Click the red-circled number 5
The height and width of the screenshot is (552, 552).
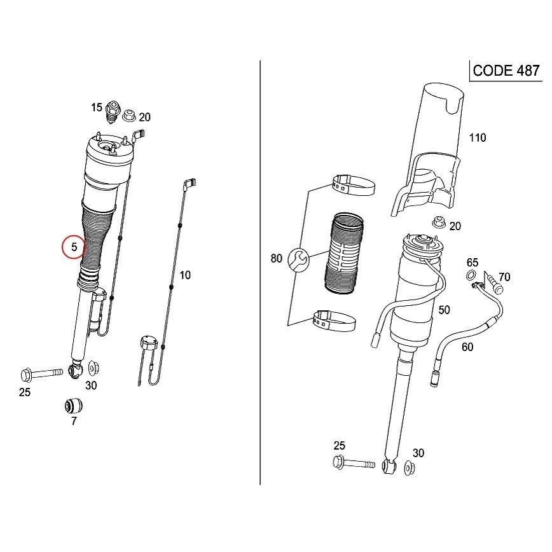(74, 247)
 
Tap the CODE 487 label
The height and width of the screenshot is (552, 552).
(506, 71)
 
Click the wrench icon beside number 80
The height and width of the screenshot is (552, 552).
(298, 260)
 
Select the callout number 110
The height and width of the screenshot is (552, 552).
(478, 137)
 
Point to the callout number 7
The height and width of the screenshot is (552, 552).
(74, 421)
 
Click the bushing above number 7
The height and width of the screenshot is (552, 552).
(74, 406)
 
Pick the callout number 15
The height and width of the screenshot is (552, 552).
(97, 107)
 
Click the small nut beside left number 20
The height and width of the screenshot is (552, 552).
(129, 114)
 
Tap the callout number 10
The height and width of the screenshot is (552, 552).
(185, 275)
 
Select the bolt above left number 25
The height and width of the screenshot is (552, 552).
(42, 373)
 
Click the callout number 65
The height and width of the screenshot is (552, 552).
(473, 263)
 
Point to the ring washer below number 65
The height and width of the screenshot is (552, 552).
(471, 275)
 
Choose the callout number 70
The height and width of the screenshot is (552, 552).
(504, 277)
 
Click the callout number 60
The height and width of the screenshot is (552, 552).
(467, 347)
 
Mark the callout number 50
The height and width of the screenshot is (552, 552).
(445, 310)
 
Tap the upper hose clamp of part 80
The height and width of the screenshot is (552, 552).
(354, 184)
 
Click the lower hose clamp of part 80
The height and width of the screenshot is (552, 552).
(335, 321)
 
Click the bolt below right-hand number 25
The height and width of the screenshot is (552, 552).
(354, 462)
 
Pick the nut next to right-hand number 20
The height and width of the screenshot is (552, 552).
(438, 223)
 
